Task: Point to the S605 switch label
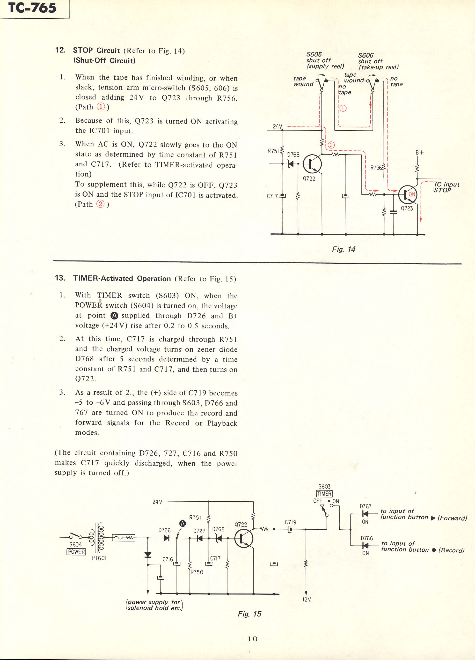(314, 54)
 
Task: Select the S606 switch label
(366, 55)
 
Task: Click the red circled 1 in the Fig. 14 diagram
(343, 109)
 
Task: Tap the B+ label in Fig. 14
(419, 153)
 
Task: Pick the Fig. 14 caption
(344, 249)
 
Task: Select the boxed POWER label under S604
(76, 552)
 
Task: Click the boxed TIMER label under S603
(324, 494)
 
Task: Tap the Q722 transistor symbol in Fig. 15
(244, 539)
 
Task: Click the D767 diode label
(366, 506)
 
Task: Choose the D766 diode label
(366, 538)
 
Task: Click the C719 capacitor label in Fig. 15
(291, 522)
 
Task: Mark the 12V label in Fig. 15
(307, 600)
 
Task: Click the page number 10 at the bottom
(252, 639)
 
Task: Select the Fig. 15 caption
(249, 614)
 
